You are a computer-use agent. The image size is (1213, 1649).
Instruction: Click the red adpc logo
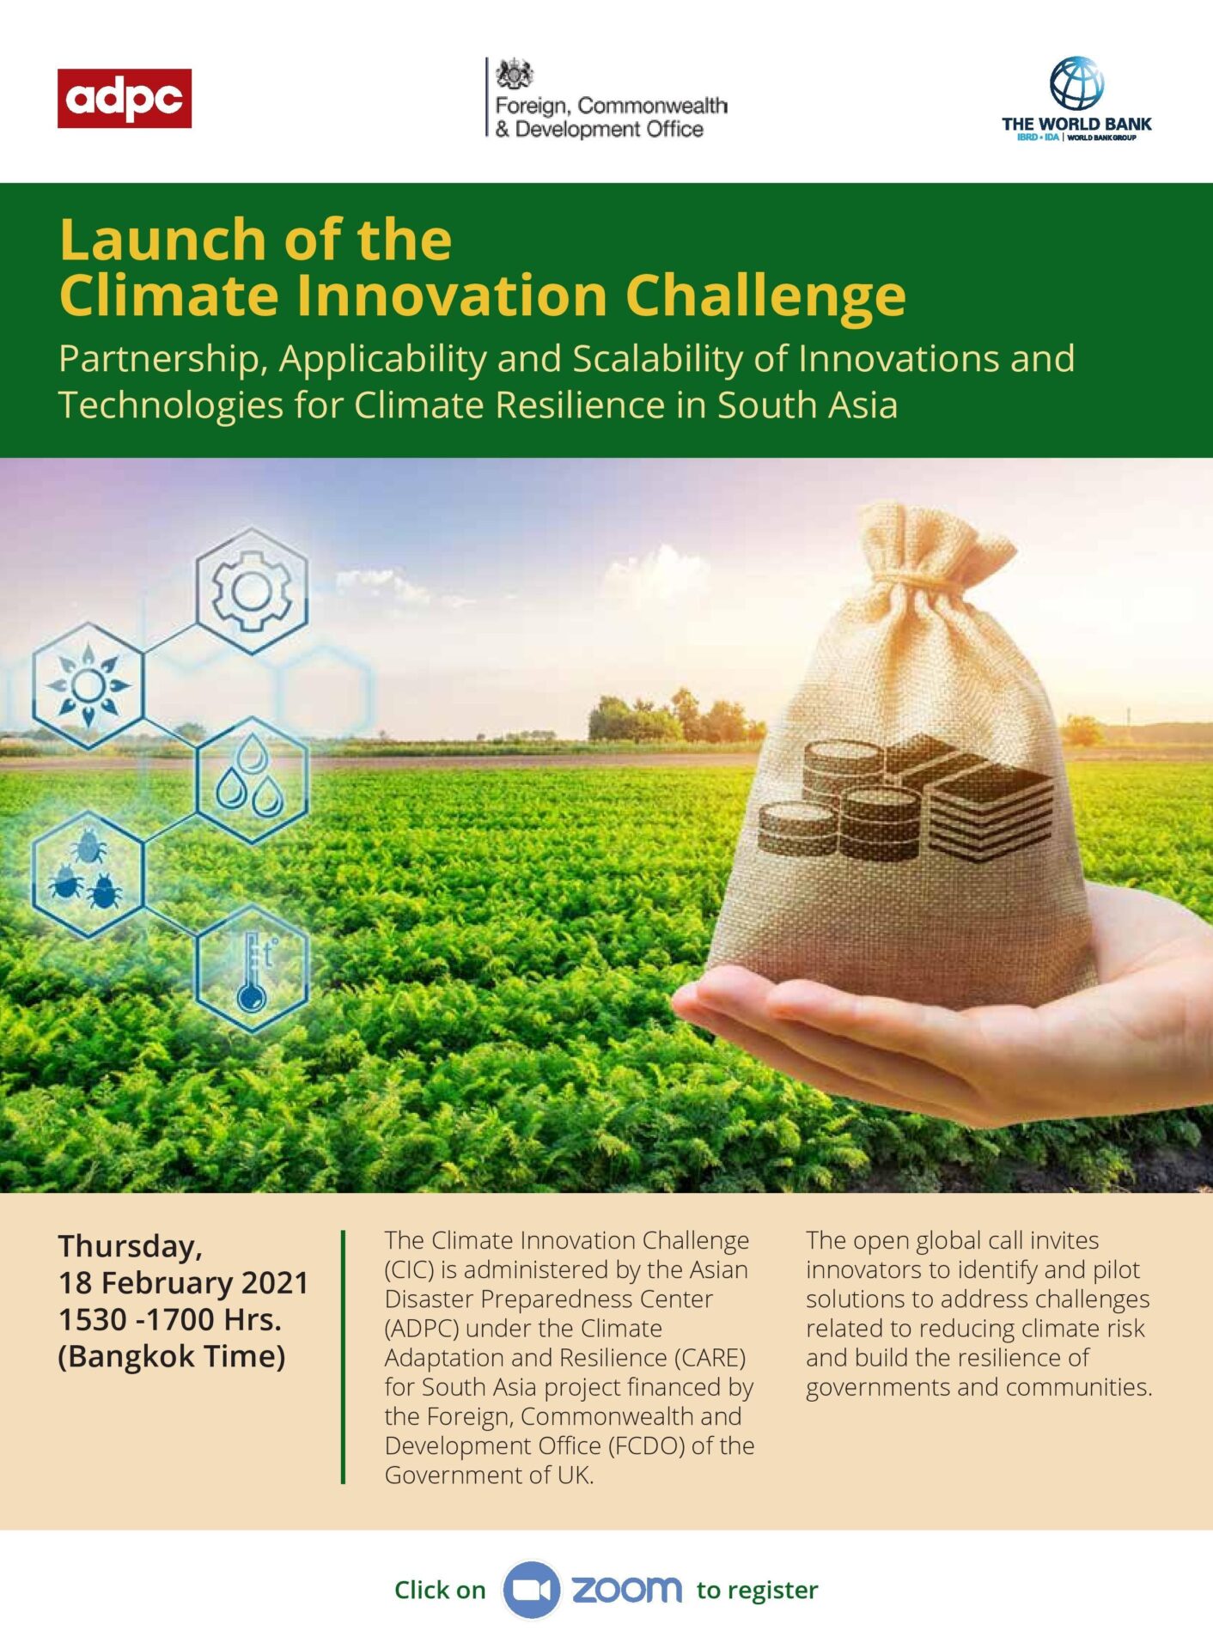coord(125,98)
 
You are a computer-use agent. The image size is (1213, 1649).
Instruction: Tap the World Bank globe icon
coord(1076,83)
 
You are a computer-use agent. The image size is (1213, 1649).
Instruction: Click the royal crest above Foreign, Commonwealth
coord(515,75)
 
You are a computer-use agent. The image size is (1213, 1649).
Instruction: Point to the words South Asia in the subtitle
coord(808,405)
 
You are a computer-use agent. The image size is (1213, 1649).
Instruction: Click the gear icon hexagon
coord(252,591)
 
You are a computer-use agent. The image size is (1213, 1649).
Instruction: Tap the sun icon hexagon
coord(88,685)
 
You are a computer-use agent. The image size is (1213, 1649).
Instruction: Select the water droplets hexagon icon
coord(252,780)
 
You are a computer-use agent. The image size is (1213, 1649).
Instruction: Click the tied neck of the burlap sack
coord(923,574)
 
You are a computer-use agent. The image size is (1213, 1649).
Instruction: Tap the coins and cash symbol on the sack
coord(905,797)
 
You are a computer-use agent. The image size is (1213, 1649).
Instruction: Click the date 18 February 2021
coord(183,1283)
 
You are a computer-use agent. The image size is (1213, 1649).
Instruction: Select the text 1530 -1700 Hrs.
coord(170,1319)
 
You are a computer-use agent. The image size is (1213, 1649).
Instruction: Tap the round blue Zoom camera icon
coord(532,1590)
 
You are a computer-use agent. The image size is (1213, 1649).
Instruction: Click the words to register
coord(757,1591)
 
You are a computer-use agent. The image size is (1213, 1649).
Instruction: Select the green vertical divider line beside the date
coord(343,1357)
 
